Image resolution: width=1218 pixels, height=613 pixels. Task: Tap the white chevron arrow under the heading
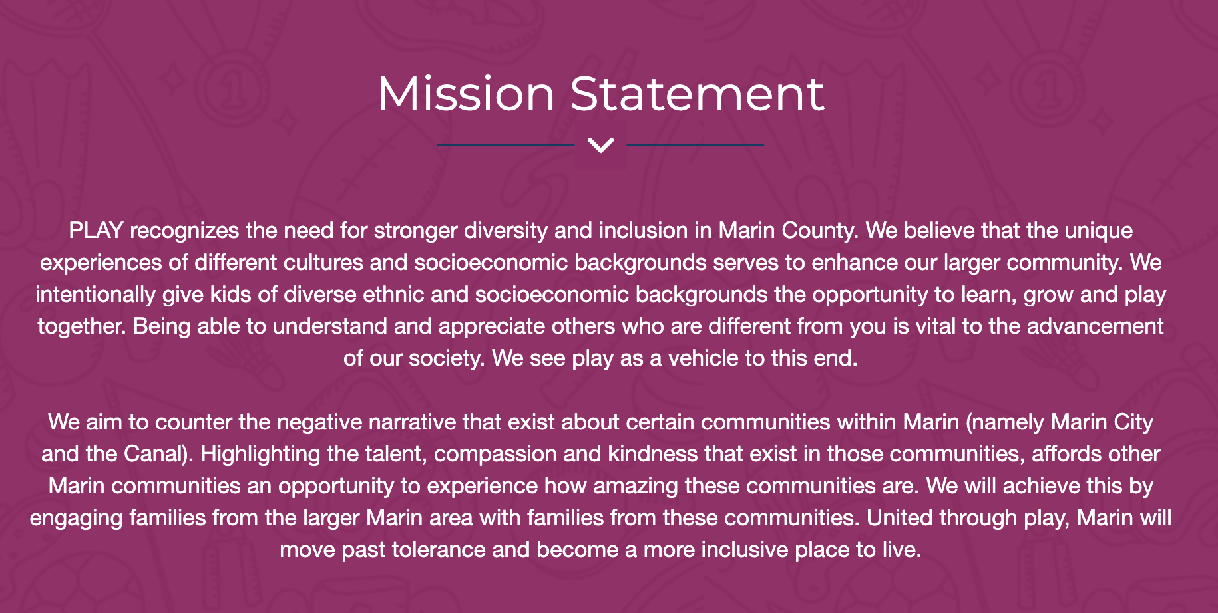click(x=601, y=145)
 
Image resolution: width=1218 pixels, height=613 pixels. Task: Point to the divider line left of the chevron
click(x=506, y=144)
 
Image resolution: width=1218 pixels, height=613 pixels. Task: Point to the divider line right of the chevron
click(x=696, y=144)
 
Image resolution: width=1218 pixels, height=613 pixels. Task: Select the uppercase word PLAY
click(x=96, y=231)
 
